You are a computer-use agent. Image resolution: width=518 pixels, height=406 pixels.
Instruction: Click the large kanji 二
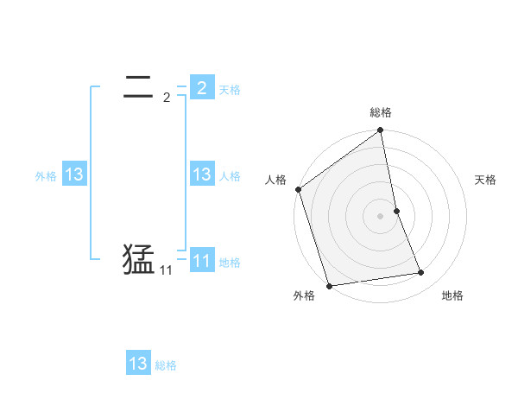(139, 87)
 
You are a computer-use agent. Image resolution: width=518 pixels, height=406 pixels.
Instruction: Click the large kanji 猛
(139, 260)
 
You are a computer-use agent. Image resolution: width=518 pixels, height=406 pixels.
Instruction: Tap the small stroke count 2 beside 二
(167, 98)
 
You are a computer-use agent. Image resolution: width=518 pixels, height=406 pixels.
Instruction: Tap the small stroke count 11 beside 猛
(166, 270)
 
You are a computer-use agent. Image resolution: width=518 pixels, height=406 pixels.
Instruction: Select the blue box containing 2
(202, 87)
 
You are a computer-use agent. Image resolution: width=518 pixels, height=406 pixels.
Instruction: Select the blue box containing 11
(202, 260)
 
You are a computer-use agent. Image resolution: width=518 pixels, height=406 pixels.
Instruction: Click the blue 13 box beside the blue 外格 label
(74, 174)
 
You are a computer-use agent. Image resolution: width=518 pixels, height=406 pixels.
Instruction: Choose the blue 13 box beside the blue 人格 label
(202, 174)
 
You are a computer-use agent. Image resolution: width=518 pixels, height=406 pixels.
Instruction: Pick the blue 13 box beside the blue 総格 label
(138, 364)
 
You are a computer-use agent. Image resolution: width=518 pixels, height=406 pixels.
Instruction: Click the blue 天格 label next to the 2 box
(230, 90)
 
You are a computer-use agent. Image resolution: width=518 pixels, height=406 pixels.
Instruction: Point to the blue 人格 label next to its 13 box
(230, 176)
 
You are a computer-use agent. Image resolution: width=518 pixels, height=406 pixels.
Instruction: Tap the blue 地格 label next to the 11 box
(230, 263)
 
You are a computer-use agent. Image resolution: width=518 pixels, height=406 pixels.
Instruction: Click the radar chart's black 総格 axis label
(381, 112)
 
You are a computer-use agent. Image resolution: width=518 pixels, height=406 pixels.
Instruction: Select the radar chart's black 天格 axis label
(486, 180)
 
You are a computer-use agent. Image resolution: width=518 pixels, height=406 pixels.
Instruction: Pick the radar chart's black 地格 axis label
(452, 296)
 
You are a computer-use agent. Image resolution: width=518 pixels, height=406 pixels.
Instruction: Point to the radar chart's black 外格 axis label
(304, 296)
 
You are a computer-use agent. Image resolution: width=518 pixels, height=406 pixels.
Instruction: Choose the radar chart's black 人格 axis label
(275, 180)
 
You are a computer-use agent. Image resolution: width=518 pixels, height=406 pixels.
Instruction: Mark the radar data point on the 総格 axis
(381, 131)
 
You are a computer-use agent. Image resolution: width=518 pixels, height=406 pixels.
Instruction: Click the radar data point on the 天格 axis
(396, 211)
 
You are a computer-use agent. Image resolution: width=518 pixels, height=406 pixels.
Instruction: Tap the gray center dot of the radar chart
(381, 216)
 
